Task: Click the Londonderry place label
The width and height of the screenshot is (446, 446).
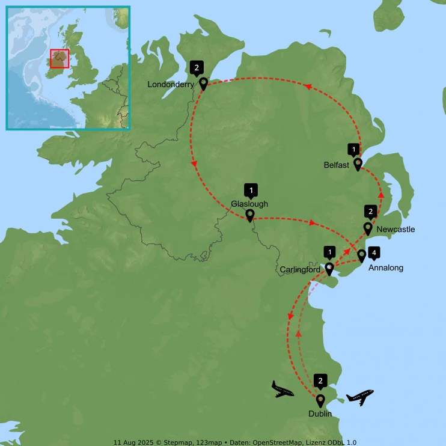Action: coord(171,85)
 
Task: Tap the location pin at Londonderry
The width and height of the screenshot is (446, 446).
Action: coord(203,84)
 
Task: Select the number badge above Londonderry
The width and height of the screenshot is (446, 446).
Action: coord(197,67)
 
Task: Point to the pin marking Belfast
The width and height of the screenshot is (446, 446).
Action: coord(358,163)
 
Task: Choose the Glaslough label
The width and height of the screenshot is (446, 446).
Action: coord(249,204)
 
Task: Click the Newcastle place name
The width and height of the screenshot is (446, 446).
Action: coord(396,230)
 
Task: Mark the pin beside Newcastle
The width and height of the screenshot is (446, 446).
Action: coord(368,228)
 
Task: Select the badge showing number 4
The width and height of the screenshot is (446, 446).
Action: coord(373,253)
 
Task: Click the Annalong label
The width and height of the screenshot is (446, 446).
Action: coord(386,267)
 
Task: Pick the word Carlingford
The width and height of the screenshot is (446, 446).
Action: coord(300,269)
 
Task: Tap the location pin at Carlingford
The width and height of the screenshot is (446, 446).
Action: coord(329,268)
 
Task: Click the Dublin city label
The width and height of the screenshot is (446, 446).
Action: coord(320,414)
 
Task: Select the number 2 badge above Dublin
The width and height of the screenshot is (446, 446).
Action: coord(321,380)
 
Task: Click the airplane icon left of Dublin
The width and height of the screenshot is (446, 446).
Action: coord(283,389)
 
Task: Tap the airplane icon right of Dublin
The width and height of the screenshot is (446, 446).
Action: coord(359,397)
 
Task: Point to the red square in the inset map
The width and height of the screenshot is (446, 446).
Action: coord(60,58)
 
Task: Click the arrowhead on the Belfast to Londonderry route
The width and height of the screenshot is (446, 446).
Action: coord(309,87)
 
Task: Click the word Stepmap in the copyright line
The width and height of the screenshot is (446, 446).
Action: coord(173,440)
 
